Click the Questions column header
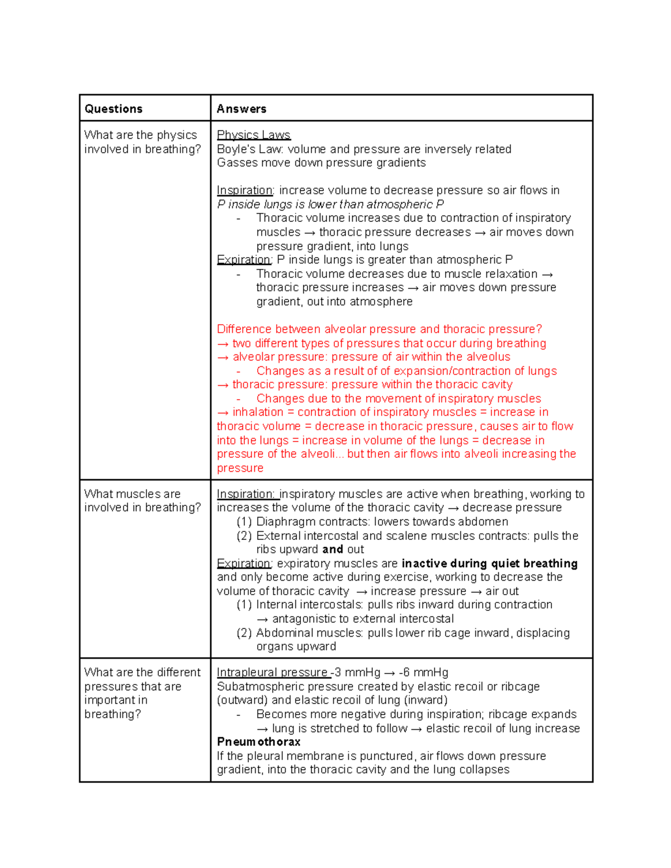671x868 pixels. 114,109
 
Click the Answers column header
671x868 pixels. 241,109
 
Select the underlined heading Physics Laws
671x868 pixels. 253,135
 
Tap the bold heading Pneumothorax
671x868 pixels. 258,742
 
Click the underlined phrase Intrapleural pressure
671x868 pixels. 272,672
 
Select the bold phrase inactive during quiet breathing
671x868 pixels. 489,563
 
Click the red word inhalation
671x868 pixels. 258,412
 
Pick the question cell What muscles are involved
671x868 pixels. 142,500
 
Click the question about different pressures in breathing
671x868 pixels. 142,692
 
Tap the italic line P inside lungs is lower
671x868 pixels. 330,205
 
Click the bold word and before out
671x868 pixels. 332,549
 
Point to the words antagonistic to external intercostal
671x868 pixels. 362,619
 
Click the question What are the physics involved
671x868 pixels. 142,142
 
